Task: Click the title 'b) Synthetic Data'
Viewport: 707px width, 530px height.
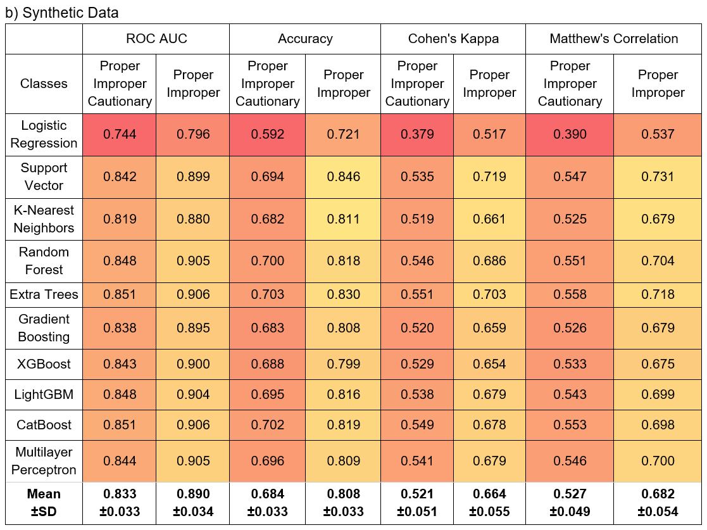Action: pos(62,12)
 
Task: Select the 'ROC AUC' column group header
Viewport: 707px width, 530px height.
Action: pos(156,39)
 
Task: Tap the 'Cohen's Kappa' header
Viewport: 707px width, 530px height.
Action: pos(453,39)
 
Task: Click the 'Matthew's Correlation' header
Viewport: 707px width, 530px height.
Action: pos(613,39)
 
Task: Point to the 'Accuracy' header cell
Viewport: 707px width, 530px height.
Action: pos(305,39)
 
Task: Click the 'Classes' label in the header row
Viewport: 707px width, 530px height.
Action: pos(44,84)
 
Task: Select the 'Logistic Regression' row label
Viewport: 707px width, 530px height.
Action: pos(44,134)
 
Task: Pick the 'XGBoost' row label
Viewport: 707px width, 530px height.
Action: pos(44,364)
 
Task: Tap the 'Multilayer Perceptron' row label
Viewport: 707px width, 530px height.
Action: pos(44,461)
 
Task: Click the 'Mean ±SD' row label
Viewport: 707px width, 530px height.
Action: pos(44,503)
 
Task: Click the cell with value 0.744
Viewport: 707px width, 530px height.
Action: pos(120,134)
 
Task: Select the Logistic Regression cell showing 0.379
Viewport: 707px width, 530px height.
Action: pos(417,134)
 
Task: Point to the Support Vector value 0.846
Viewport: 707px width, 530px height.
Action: pos(343,177)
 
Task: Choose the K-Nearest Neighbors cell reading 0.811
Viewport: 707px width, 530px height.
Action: pos(343,219)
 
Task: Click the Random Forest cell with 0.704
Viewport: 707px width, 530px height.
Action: pos(658,261)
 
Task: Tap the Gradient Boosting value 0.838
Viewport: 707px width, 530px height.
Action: pos(120,328)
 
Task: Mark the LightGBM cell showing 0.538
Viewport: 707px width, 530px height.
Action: pos(417,394)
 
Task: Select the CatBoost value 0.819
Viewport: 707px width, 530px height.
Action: pos(343,425)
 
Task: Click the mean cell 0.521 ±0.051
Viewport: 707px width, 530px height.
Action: pos(417,503)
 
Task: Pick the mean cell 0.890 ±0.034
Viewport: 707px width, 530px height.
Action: pos(193,503)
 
